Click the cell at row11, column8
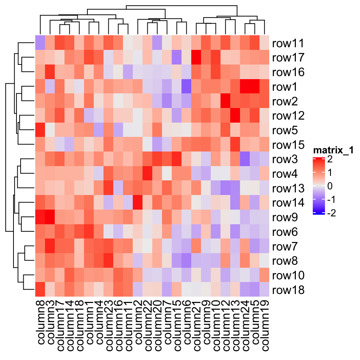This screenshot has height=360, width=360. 40,43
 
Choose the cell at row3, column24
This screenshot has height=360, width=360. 245,159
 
